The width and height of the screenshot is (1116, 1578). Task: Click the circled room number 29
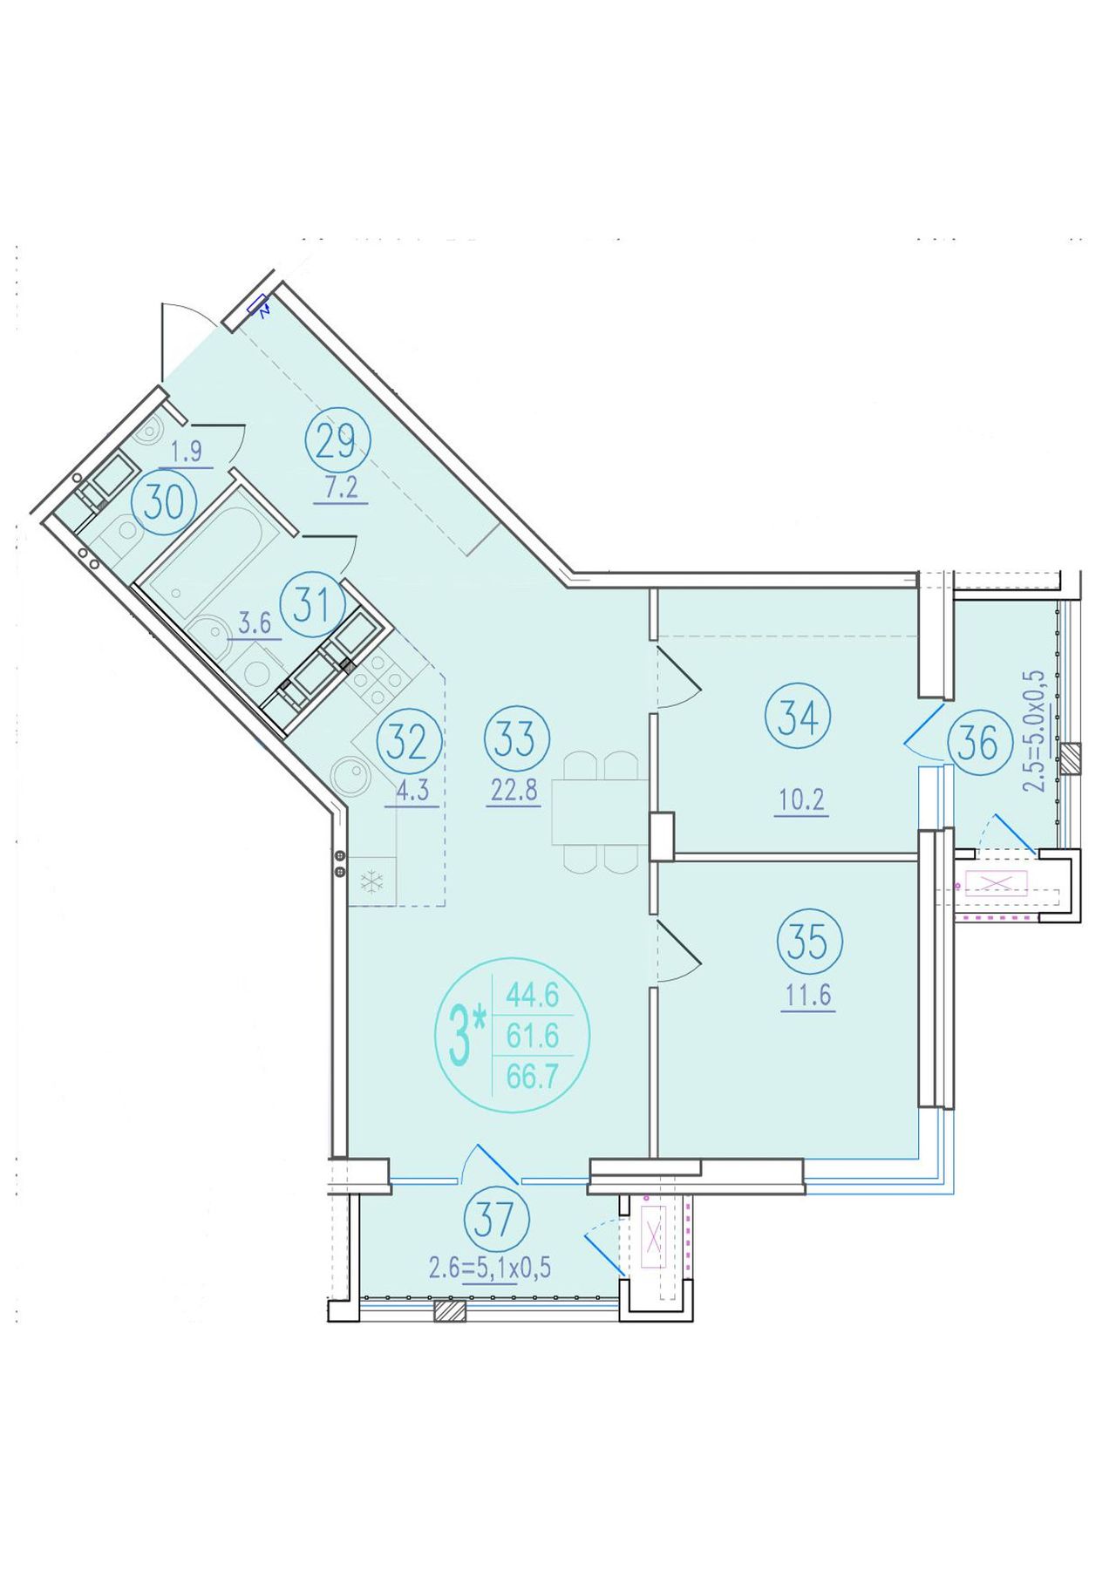pyautogui.click(x=337, y=442)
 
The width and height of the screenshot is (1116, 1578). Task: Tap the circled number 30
pyautogui.click(x=165, y=503)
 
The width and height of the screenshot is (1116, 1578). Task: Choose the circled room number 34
pyautogui.click(x=798, y=718)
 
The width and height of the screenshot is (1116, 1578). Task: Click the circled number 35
pyautogui.click(x=810, y=942)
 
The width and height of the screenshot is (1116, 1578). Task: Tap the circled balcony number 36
pyautogui.click(x=978, y=744)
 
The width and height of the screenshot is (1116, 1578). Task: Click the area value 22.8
pyautogui.click(x=514, y=791)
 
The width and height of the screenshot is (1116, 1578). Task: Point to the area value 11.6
pyautogui.click(x=807, y=996)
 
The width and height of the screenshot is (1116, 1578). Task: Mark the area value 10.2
pyautogui.click(x=801, y=799)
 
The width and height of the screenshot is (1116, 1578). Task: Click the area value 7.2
pyautogui.click(x=342, y=487)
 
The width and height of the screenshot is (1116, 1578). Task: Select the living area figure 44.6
pyautogui.click(x=533, y=993)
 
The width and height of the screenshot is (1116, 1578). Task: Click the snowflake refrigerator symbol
pyautogui.click(x=372, y=881)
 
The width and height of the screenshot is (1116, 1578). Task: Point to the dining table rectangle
pyautogui.click(x=601, y=812)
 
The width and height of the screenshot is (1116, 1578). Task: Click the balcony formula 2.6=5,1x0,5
pyautogui.click(x=490, y=1267)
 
